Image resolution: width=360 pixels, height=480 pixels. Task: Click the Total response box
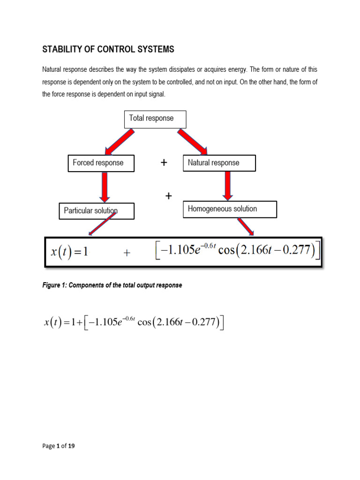click(155, 119)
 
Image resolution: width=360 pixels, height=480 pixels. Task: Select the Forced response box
click(101, 163)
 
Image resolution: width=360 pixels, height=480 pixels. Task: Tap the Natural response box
click(219, 163)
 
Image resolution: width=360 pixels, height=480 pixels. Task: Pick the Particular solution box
click(96, 211)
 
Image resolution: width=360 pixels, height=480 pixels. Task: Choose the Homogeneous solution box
click(229, 209)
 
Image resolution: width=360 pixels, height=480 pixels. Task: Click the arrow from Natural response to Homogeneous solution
click(228, 186)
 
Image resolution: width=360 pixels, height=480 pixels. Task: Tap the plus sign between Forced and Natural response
click(164, 163)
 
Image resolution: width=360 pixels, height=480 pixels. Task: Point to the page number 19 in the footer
click(71, 446)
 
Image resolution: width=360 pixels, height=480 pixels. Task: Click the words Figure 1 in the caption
click(55, 285)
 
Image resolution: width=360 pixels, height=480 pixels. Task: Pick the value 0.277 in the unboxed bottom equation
click(202, 323)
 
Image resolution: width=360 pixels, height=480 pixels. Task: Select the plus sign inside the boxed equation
click(127, 253)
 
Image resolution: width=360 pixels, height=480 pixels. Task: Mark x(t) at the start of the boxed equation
click(60, 252)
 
